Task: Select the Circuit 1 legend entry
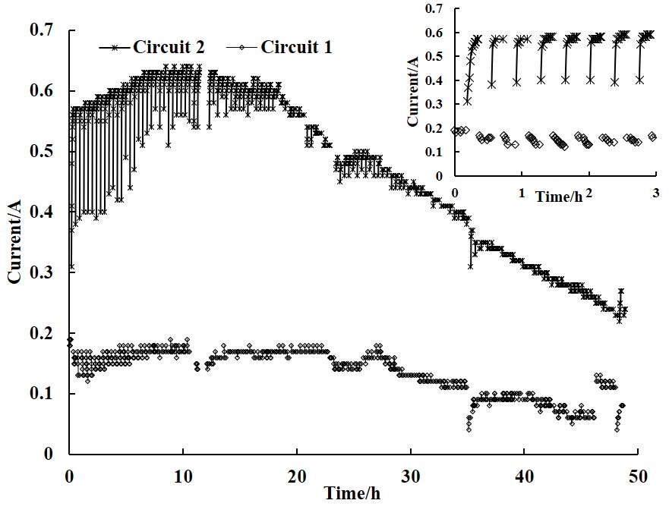point(296,47)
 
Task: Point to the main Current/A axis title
point(14,243)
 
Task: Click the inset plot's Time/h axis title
point(558,197)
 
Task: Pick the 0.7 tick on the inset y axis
point(434,9)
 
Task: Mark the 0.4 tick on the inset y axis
point(434,80)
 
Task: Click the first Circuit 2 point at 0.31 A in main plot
point(71,266)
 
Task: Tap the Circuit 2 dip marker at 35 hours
point(471,266)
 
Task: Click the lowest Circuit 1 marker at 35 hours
point(469,430)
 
